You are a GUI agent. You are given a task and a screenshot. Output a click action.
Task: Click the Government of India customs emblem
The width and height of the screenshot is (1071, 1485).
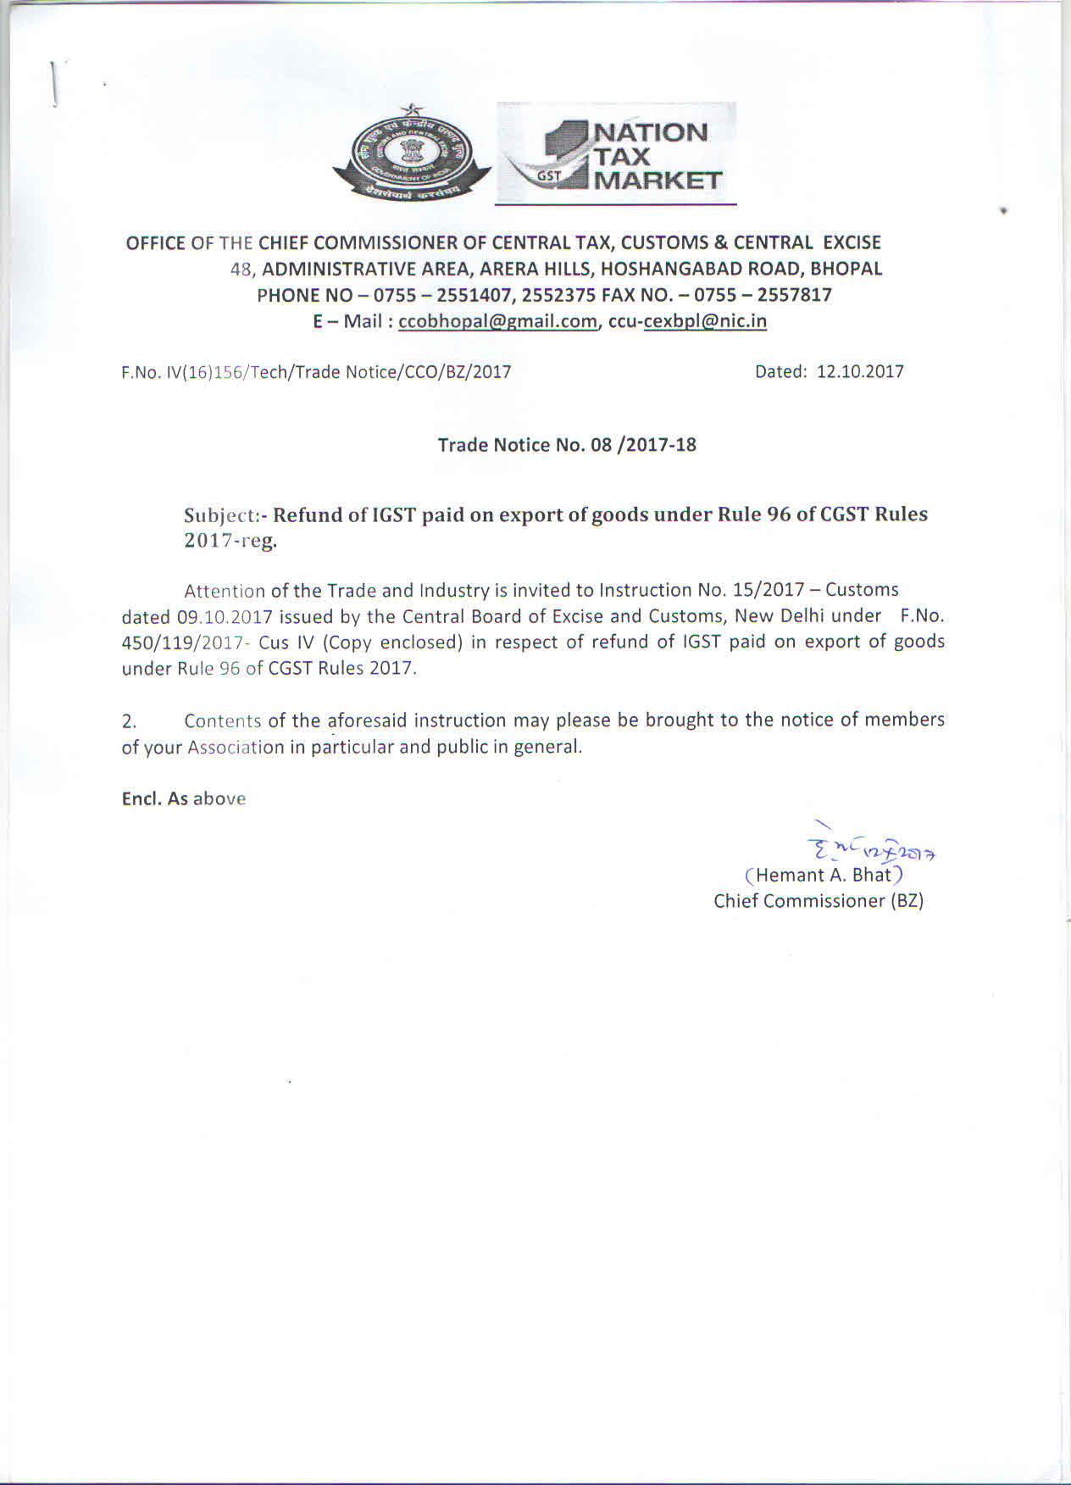click(412, 155)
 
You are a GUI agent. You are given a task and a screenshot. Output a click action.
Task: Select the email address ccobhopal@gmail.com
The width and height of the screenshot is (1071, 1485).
click(497, 321)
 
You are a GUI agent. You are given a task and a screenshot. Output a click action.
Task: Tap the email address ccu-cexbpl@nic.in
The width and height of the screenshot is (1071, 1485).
click(687, 321)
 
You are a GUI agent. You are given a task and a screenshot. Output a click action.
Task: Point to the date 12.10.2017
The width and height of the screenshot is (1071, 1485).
click(860, 371)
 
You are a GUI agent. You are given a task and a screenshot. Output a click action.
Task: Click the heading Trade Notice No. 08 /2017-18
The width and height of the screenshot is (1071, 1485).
click(567, 445)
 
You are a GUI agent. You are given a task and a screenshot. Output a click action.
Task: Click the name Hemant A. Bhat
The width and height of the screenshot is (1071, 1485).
click(823, 875)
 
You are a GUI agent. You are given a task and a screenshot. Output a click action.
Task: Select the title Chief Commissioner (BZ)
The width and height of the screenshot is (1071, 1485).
click(819, 901)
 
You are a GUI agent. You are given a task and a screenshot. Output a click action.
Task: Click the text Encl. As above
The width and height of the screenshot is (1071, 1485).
click(184, 798)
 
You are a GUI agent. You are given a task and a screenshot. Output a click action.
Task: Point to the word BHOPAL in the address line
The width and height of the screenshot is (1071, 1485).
click(846, 269)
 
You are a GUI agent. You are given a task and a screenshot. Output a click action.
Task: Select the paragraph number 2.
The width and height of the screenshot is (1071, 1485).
click(129, 721)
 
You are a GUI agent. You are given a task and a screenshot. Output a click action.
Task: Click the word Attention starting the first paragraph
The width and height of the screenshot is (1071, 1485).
click(225, 591)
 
